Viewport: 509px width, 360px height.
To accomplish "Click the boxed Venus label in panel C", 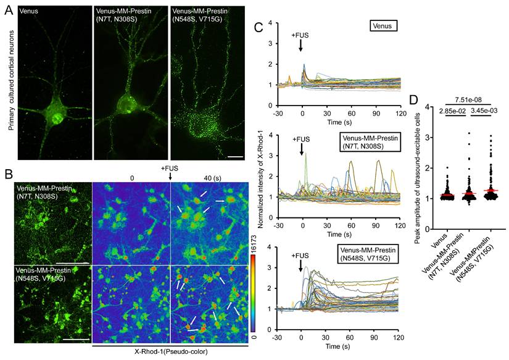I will coord(384,26).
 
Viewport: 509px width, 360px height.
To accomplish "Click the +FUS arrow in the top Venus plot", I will coord(300,46).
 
